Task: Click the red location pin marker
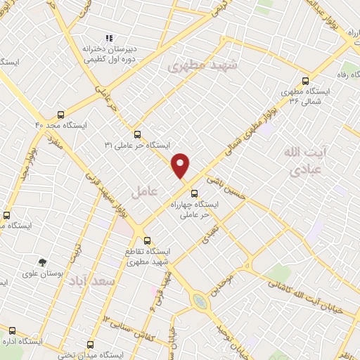[x=181, y=166]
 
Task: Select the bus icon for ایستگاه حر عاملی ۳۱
[x=137, y=134]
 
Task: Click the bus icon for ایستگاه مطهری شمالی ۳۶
[x=304, y=80]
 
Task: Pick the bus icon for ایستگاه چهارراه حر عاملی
[x=195, y=193]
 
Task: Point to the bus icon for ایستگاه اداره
[x=12, y=330]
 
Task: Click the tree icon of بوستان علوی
[x=41, y=262]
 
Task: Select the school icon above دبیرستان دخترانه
[x=108, y=38]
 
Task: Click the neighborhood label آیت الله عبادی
[x=303, y=160]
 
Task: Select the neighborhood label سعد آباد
[x=91, y=281]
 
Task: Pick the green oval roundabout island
[x=200, y=301]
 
